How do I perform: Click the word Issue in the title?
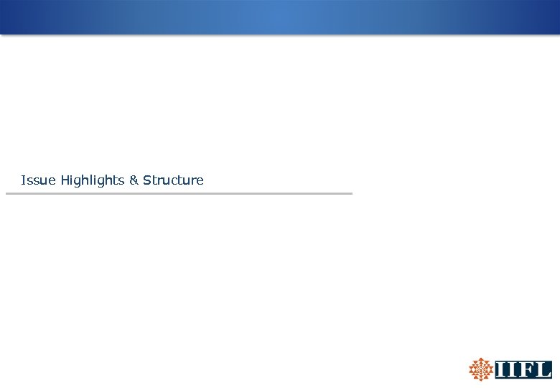pyautogui.click(x=39, y=180)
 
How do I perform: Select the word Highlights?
pyautogui.click(x=93, y=180)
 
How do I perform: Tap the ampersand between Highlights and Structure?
pyautogui.click(x=134, y=180)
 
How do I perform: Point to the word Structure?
pyautogui.click(x=173, y=180)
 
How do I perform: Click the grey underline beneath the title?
pyautogui.click(x=179, y=193)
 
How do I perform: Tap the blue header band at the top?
pyautogui.click(x=280, y=17)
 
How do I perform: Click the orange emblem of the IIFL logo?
pyautogui.click(x=480, y=369)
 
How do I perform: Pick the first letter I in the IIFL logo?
pyautogui.click(x=500, y=370)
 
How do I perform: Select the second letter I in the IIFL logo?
pyautogui.click(x=512, y=370)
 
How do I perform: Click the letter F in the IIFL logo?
pyautogui.click(x=526, y=370)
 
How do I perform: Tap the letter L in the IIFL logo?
pyautogui.click(x=543, y=370)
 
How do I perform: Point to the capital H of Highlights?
pyautogui.click(x=65, y=180)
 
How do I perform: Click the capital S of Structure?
pyautogui.click(x=147, y=180)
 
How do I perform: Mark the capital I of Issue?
pyautogui.click(x=23, y=180)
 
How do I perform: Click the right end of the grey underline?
pyautogui.click(x=350, y=193)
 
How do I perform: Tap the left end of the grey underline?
pyautogui.click(x=8, y=193)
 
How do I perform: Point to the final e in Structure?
pyautogui.click(x=200, y=181)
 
